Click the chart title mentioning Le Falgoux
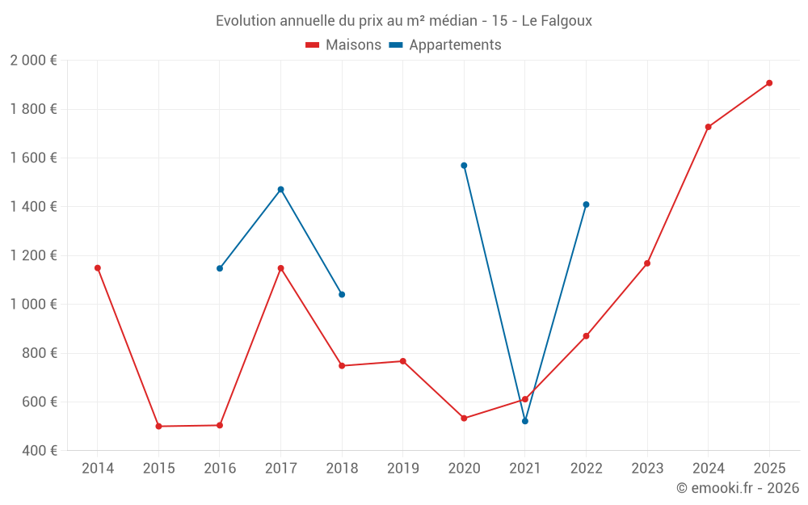(403, 21)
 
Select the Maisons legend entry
(343, 45)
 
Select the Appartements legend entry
(445, 45)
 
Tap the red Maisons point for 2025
(769, 83)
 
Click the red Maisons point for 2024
(709, 127)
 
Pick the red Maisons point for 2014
(98, 268)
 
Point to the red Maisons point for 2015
(158, 427)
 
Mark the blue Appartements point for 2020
(464, 166)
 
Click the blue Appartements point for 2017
(281, 190)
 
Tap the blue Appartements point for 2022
(586, 204)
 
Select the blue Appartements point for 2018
(342, 295)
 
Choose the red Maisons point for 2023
(647, 263)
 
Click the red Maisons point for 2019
(403, 361)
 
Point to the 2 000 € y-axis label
(33, 61)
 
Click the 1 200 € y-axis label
(33, 255)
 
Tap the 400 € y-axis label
(38, 451)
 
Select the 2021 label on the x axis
(525, 469)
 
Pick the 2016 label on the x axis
(220, 469)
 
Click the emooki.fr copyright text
(737, 488)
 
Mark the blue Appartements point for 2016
(220, 268)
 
